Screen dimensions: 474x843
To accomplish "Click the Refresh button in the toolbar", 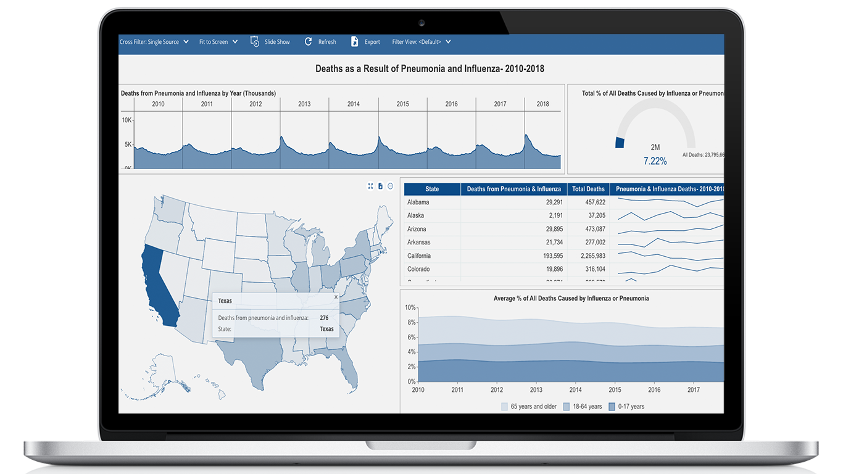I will (320, 42).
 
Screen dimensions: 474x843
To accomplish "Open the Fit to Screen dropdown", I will (218, 42).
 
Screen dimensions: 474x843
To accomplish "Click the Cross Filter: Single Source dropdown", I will (154, 42).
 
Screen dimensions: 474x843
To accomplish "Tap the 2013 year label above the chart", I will (304, 104).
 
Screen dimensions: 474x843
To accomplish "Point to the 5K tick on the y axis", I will (128, 144).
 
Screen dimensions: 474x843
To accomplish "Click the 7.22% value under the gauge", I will (655, 161).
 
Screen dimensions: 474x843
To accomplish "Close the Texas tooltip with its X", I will (336, 297).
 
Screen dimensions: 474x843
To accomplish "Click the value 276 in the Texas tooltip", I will (324, 318).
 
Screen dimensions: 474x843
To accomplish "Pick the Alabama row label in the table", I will (418, 202).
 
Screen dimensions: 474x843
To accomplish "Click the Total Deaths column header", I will (588, 189).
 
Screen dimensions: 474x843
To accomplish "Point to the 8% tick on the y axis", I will (411, 322).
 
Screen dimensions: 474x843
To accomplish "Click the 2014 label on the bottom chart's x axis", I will (575, 389).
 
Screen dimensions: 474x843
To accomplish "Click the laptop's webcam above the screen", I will (421, 23).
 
